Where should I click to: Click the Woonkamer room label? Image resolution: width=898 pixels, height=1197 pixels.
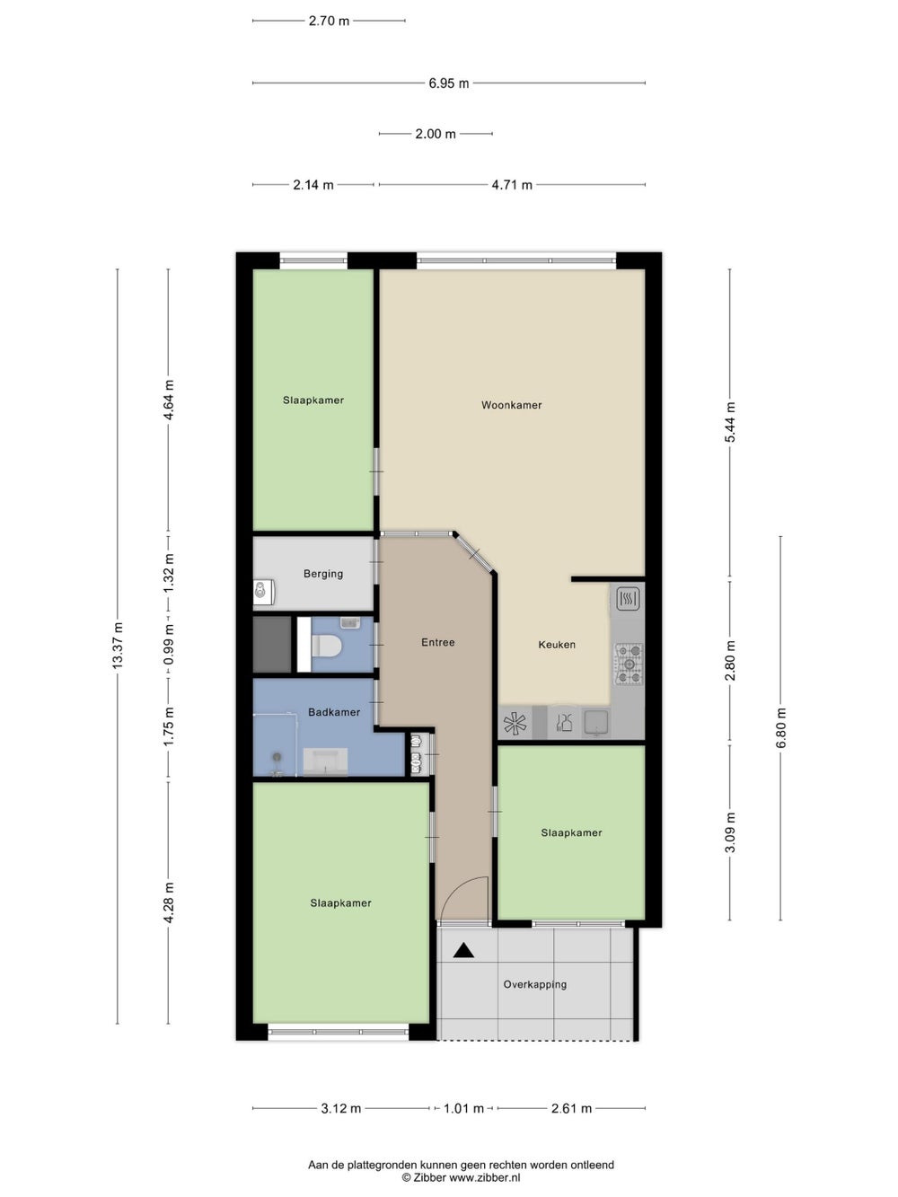coord(511,405)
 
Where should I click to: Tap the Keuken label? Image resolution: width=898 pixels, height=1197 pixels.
coord(557,645)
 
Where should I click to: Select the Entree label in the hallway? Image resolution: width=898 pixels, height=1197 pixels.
coord(438,642)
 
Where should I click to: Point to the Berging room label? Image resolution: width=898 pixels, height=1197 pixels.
coord(323,574)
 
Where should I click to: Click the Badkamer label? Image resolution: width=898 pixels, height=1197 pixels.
coord(334,712)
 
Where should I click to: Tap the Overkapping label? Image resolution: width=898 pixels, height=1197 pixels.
coord(535,985)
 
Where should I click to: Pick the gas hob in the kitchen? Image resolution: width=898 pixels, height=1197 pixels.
coord(629,664)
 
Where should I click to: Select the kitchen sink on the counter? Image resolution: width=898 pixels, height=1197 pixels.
coord(596,722)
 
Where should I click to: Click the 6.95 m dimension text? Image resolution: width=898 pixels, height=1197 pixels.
coord(448,84)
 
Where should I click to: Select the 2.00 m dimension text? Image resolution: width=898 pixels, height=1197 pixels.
coord(436,134)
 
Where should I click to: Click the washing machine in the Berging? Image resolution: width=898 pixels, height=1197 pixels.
coord(263,593)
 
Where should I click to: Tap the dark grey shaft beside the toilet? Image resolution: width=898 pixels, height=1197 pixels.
coord(272,645)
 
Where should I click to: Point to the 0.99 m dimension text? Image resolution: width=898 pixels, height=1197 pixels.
coord(169,651)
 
